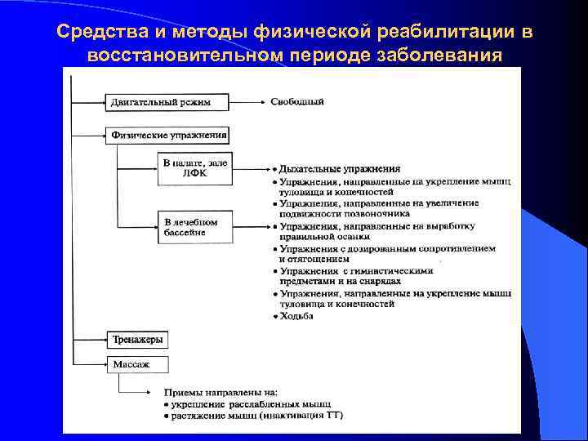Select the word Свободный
point(297,102)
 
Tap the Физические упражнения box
point(167,134)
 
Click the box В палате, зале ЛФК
point(194,167)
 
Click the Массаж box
point(136,363)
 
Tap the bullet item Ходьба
point(296,316)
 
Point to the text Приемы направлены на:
point(221,393)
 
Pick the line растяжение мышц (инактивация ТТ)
point(256,416)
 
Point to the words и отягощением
point(314,259)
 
